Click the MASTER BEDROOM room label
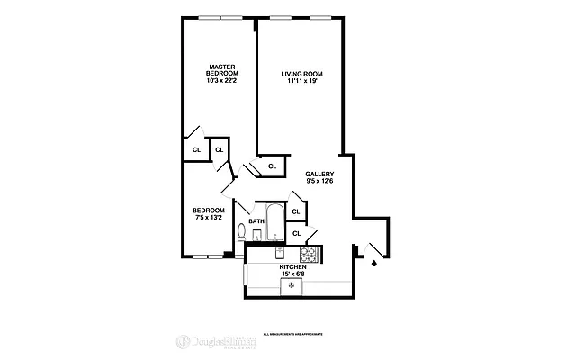click(221, 69)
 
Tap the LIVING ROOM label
click(301, 73)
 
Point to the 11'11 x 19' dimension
click(301, 82)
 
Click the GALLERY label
click(319, 174)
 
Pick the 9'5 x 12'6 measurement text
click(319, 182)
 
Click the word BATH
click(256, 221)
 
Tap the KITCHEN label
click(293, 267)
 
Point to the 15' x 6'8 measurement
click(293, 274)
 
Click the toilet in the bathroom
click(241, 233)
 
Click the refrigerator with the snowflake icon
click(292, 286)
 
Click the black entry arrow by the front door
click(373, 265)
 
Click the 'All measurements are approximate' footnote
click(292, 333)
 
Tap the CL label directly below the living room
click(272, 166)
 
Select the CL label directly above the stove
click(296, 234)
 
